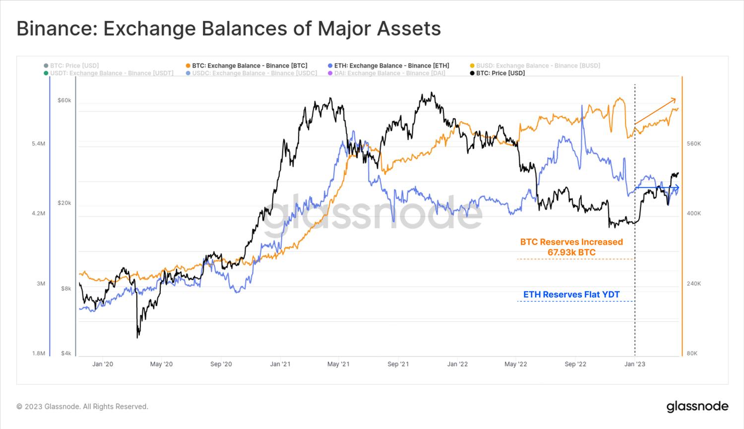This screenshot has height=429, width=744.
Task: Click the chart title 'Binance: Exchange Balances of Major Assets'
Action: [x=229, y=29]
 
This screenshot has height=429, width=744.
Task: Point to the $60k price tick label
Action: [x=64, y=100]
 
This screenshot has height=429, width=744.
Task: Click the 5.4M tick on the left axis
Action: [x=38, y=143]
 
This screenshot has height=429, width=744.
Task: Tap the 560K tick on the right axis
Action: [x=693, y=143]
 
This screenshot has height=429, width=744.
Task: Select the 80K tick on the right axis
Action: [x=692, y=354]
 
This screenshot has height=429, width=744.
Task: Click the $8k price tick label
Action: [x=66, y=288]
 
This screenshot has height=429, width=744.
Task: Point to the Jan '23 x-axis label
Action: [x=634, y=364]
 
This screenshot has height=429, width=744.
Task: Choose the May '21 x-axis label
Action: [x=338, y=364]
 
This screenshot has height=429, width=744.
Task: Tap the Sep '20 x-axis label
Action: [x=221, y=364]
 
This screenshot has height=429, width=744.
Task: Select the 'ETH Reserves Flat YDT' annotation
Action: [x=571, y=294]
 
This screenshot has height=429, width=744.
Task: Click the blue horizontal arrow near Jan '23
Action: [x=657, y=188]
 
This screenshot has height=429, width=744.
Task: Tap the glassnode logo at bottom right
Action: [x=697, y=406]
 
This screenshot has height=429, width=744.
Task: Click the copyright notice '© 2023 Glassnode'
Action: [x=82, y=406]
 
